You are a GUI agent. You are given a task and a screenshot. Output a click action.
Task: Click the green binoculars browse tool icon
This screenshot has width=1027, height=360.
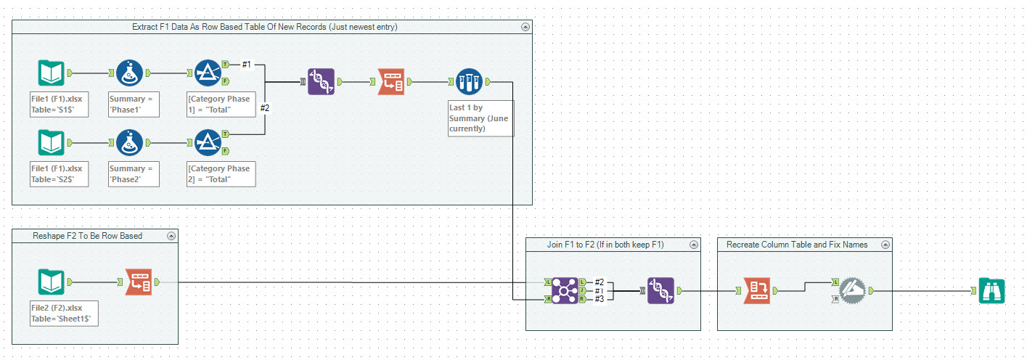coord(991,291)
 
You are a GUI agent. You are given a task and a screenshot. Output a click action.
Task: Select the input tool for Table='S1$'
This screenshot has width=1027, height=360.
coord(52,73)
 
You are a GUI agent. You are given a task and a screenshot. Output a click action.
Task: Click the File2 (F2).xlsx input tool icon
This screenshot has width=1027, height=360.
coord(52,282)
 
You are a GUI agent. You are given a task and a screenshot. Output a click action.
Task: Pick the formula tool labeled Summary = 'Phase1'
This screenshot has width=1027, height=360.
coord(130,73)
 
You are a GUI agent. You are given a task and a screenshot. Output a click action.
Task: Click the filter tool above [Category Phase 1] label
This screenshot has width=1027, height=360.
coord(208,73)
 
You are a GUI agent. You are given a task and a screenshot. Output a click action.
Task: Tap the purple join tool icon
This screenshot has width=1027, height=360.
coord(564,290)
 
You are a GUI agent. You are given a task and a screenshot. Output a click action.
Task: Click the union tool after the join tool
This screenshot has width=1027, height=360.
coord(661,290)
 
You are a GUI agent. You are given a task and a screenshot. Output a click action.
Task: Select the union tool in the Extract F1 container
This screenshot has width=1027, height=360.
coord(321,82)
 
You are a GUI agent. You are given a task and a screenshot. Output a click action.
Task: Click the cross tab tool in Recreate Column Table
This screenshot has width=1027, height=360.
coord(756,291)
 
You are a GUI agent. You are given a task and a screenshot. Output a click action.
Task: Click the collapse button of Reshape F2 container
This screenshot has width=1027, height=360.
coord(171,236)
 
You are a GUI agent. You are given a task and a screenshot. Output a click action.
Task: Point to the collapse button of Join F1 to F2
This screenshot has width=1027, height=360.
coord(693,245)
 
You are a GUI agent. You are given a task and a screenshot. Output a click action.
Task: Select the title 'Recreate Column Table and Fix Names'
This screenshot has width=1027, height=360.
coord(797,245)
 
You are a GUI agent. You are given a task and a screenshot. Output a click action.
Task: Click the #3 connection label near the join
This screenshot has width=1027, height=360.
coord(600,299)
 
